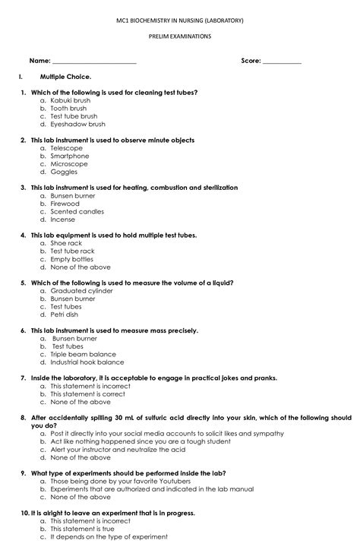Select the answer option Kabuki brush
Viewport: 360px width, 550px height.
coord(71,100)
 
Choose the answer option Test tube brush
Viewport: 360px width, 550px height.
coord(74,116)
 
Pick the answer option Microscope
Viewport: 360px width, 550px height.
coord(69,164)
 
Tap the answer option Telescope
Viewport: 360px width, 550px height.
coord(67,148)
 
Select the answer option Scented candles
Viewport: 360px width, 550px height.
coord(77,212)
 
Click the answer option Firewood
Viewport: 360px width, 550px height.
coord(65,204)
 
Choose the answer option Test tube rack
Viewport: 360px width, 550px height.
coord(72,251)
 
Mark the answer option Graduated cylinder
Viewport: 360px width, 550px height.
coord(81,291)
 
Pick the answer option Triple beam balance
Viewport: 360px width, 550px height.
coord(83,355)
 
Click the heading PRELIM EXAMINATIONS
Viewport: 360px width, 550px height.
coord(179,36)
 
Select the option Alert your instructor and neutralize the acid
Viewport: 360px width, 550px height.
coord(117,450)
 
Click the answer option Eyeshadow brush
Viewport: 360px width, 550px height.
coord(77,125)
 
